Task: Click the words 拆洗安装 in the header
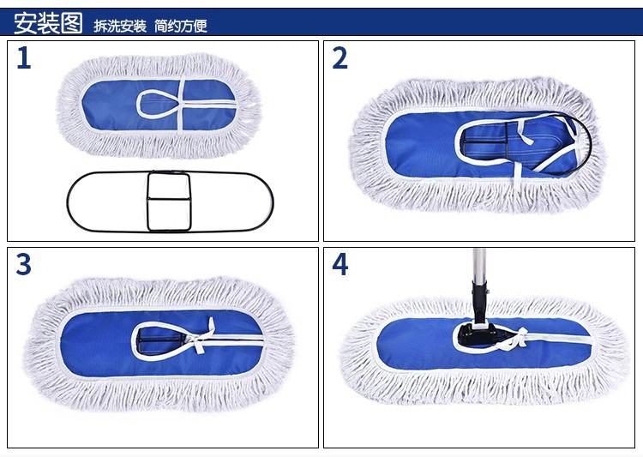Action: [120, 26]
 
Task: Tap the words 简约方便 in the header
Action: [181, 26]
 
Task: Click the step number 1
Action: [24, 58]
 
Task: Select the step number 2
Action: [340, 58]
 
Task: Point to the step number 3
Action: [24, 265]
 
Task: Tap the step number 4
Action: [340, 265]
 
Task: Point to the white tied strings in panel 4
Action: [514, 340]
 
